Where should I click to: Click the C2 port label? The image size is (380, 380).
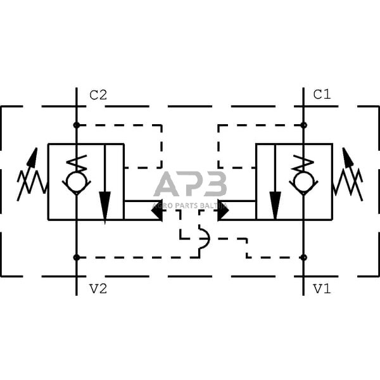point(98,96)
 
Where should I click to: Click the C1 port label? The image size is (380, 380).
point(322,95)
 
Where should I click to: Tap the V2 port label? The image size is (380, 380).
point(98,289)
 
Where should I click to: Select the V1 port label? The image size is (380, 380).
point(322,289)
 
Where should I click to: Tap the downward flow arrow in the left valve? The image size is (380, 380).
point(105,203)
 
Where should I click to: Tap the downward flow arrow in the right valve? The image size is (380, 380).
point(275,203)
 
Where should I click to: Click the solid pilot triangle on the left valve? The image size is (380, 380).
point(156,210)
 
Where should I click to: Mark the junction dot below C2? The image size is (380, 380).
point(77,125)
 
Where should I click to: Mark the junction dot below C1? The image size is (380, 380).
point(304,125)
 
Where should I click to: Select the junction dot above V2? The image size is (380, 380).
point(77,257)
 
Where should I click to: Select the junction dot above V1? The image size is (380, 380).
point(304,257)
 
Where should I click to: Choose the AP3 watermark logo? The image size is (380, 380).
point(190,185)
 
